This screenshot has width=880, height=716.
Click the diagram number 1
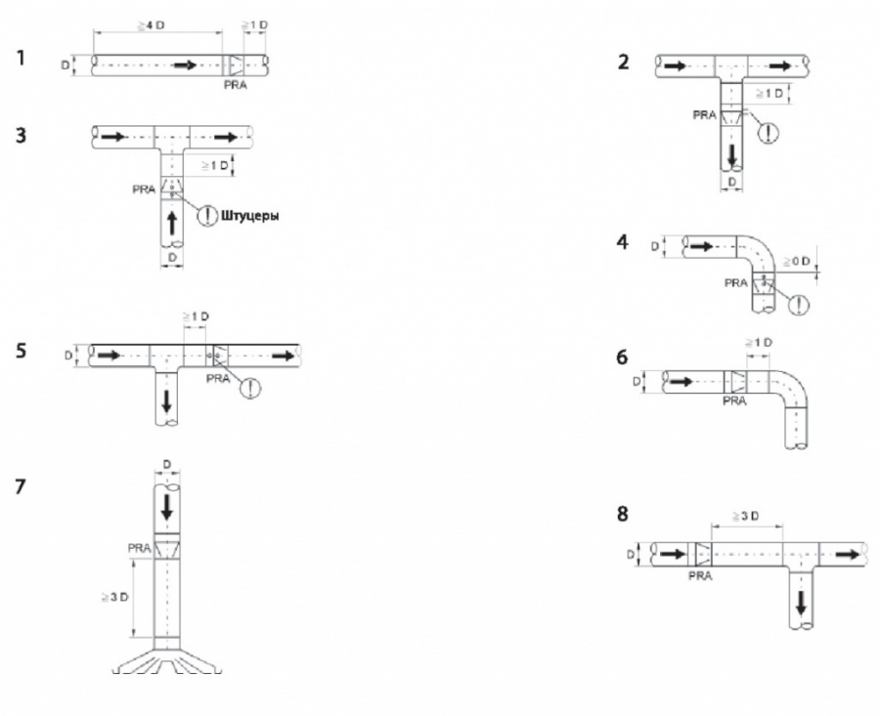tap(21, 58)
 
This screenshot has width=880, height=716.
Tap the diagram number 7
tap(21, 486)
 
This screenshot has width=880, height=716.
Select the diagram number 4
tap(623, 242)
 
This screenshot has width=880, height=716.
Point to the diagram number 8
tap(623, 514)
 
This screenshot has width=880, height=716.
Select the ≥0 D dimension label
tap(797, 261)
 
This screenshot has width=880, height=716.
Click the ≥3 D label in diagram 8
tap(745, 516)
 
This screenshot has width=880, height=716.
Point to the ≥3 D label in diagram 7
tap(114, 597)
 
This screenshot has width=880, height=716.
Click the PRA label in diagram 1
tap(235, 85)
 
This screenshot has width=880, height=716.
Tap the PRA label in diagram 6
tap(734, 400)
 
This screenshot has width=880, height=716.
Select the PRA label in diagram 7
tap(139, 548)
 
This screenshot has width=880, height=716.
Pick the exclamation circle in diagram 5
tap(250, 388)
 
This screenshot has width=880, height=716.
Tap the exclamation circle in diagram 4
tap(799, 304)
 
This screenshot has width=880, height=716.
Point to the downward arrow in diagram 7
tap(166, 507)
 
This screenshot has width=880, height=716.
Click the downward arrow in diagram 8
tap(802, 602)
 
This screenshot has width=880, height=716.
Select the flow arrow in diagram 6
tap(682, 382)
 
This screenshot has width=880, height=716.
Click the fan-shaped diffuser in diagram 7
tap(167, 660)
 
